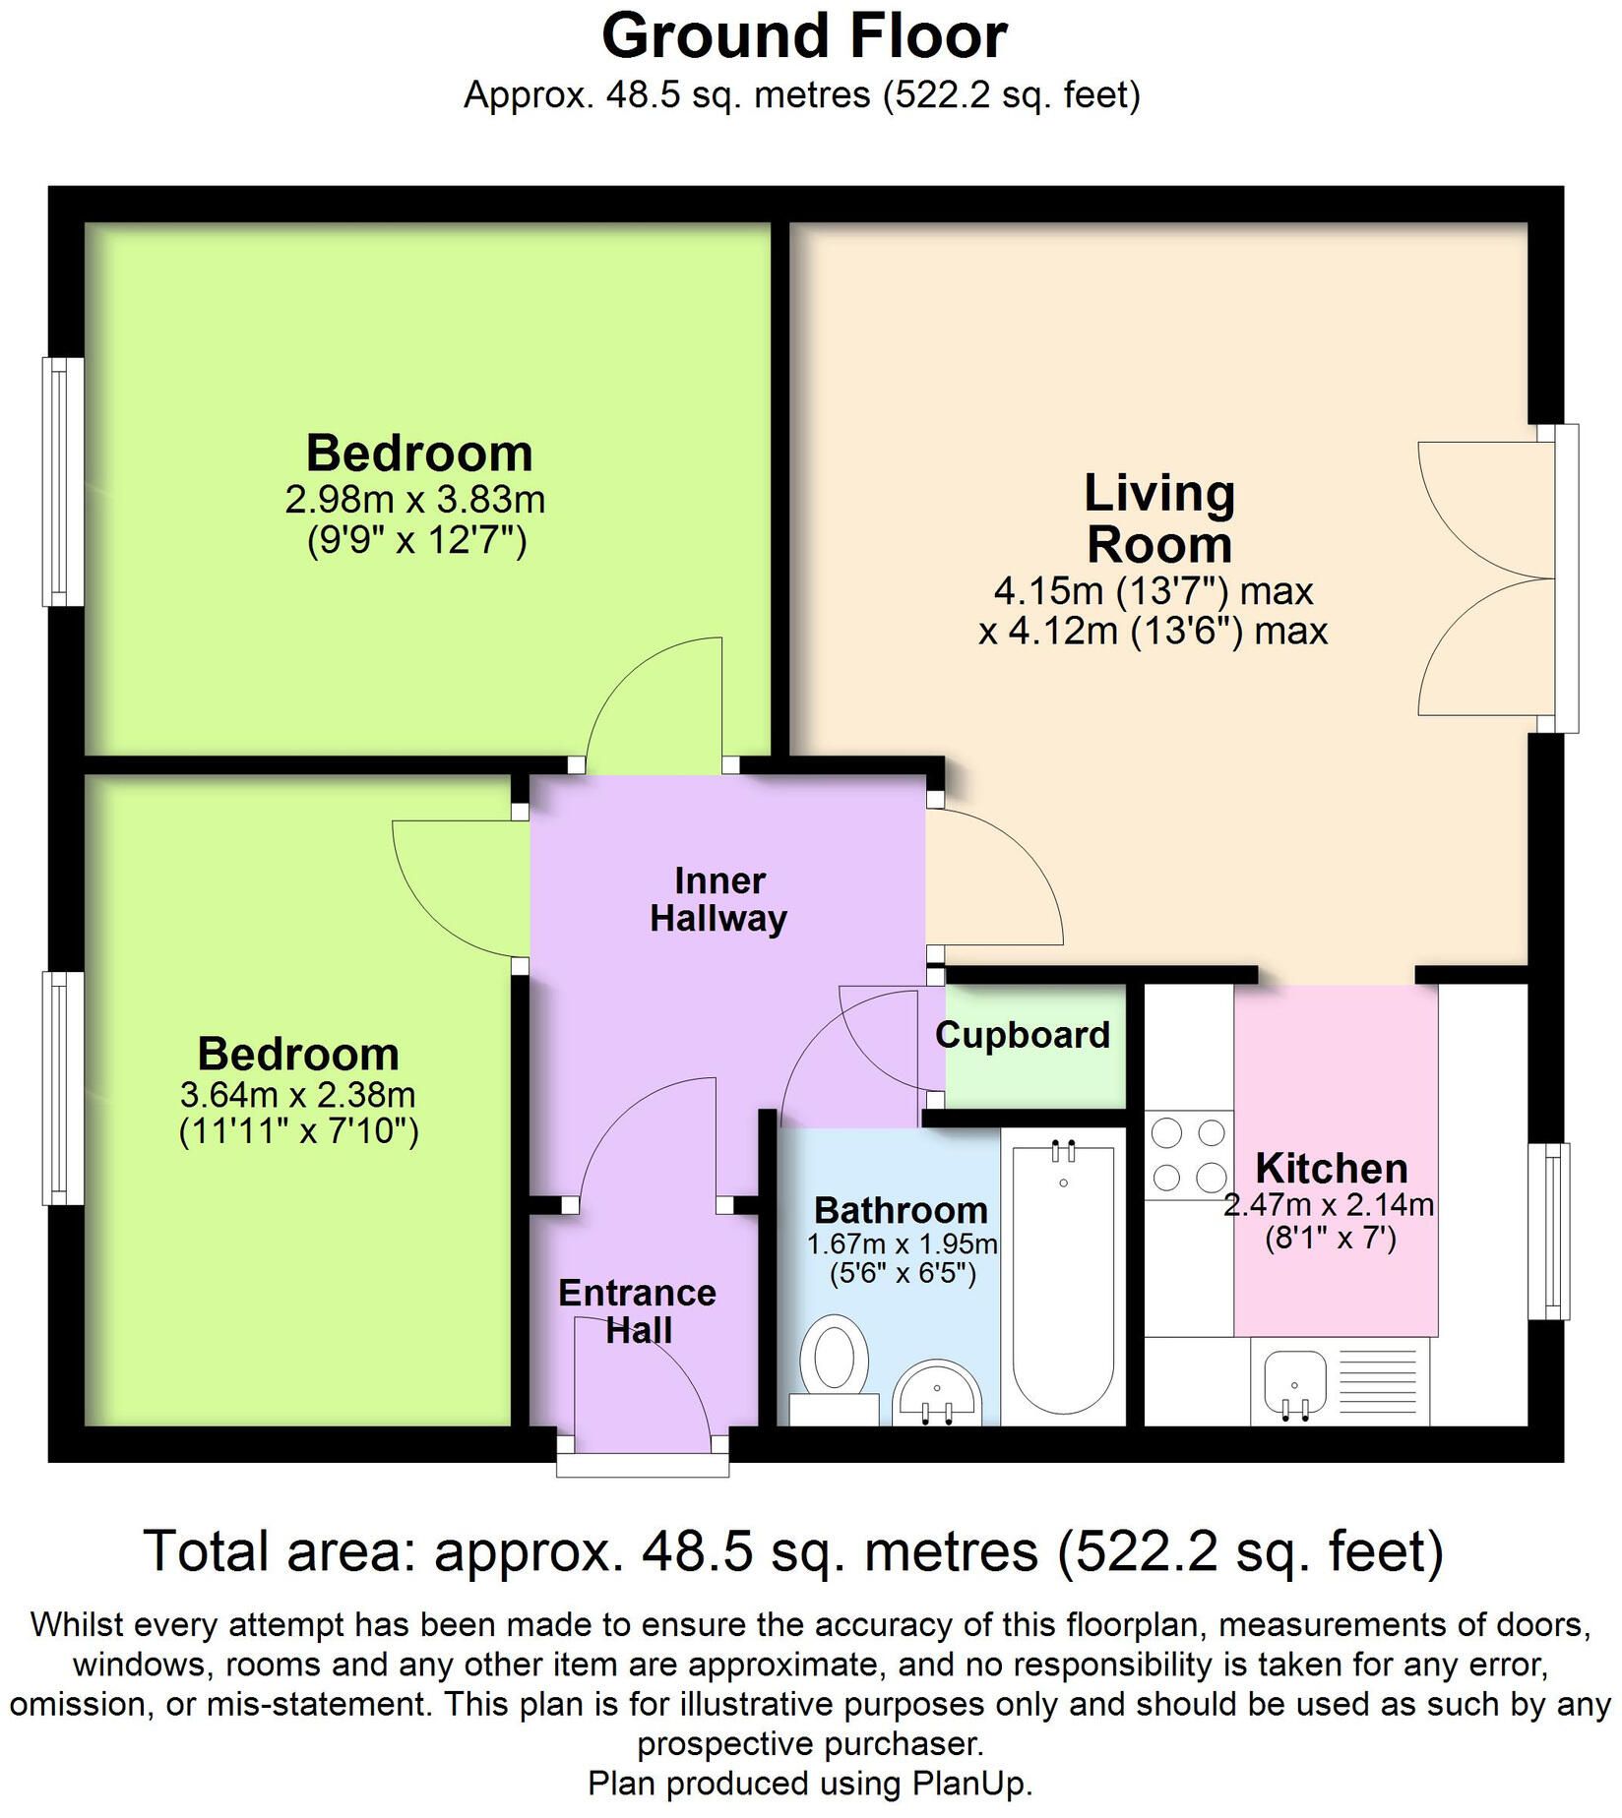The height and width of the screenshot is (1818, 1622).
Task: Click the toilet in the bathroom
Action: tap(834, 1368)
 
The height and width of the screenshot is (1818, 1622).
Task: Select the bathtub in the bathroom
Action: tap(1063, 1276)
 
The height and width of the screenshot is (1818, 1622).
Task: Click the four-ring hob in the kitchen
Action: tap(1189, 1155)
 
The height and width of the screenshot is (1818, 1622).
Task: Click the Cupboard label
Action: tap(1023, 1035)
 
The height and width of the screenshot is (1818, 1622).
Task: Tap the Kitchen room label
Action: tap(1332, 1169)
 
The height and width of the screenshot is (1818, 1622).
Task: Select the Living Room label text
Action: tap(1159, 518)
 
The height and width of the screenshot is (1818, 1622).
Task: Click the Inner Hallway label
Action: tap(719, 900)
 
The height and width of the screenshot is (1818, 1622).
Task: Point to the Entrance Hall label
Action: tap(638, 1311)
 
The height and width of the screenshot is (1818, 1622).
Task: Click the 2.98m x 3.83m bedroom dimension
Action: tap(415, 500)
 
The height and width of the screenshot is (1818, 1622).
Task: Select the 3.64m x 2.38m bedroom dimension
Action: tap(298, 1094)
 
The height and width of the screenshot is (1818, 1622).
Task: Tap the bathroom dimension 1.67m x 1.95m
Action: tap(903, 1244)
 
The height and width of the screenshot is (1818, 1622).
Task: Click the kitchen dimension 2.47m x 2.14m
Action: tap(1329, 1204)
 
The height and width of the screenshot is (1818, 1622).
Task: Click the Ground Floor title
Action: tap(804, 37)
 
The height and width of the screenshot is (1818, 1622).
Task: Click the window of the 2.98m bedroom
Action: tap(63, 481)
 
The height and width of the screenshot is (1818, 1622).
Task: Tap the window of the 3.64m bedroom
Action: tap(63, 1088)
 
